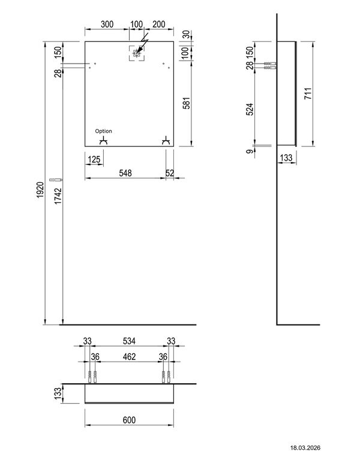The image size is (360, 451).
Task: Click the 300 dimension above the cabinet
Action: (107, 25)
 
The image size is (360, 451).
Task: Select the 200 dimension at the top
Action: (159, 25)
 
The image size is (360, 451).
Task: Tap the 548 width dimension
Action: (125, 173)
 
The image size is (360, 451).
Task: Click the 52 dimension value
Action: (170, 173)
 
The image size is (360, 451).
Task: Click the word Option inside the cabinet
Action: (103, 131)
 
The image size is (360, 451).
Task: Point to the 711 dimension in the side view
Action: (308, 94)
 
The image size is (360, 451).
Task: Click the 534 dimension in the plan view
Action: (129, 341)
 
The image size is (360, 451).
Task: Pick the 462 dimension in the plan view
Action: (129, 356)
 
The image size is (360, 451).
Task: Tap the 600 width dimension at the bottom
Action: (129, 419)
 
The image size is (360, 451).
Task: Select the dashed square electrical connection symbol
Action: (137, 53)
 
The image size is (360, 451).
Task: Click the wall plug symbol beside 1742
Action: (56, 179)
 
